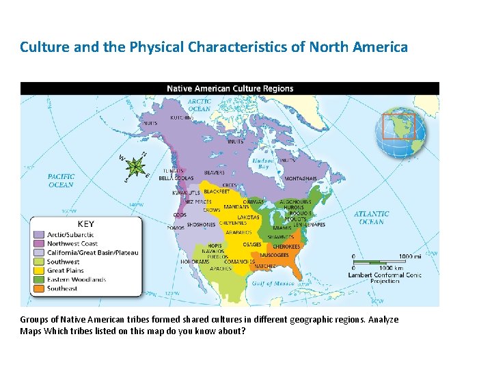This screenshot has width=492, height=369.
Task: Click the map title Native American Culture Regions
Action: (230, 88)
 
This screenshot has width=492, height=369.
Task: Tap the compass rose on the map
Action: (137, 166)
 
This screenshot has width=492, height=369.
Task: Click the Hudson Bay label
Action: (262, 163)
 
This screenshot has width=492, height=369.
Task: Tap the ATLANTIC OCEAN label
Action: (371, 217)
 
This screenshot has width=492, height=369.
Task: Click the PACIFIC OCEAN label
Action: (61, 180)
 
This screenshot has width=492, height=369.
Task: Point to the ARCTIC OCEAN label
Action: (199, 105)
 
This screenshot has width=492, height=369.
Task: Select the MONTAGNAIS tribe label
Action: (300, 178)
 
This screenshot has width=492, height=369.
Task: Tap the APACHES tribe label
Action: (221, 269)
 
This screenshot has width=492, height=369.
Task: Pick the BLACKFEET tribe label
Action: (216, 192)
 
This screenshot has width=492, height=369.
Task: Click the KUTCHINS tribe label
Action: (182, 118)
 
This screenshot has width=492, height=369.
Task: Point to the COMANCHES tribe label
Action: (239, 262)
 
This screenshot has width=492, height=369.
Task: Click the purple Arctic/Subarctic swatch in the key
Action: (38, 234)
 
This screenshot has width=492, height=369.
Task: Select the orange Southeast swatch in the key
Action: (38, 288)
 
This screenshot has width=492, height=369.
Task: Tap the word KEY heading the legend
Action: (86, 223)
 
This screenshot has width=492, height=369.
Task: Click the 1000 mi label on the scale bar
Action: (409, 256)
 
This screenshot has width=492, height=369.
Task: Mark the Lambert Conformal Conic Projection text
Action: (385, 277)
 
